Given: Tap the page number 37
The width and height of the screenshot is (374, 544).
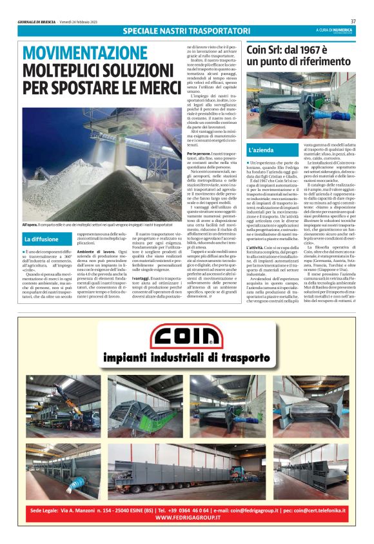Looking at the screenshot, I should [353, 21].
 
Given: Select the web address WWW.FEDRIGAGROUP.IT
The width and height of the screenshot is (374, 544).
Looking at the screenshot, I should [187, 518].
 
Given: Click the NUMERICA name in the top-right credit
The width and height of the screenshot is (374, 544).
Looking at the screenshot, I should [342, 29].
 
